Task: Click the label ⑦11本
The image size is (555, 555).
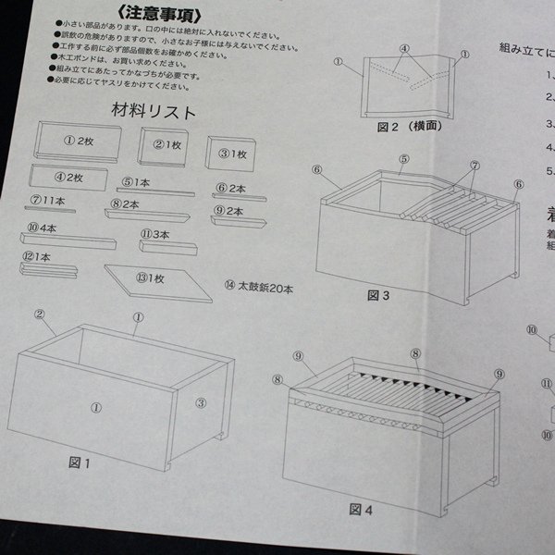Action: click(x=47, y=200)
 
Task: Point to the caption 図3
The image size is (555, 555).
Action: click(x=378, y=296)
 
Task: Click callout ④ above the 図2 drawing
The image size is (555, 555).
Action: click(x=404, y=47)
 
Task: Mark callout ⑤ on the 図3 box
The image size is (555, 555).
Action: click(x=403, y=159)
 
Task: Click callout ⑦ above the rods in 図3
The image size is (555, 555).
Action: click(x=475, y=166)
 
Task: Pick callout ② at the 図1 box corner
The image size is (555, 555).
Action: click(x=41, y=314)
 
